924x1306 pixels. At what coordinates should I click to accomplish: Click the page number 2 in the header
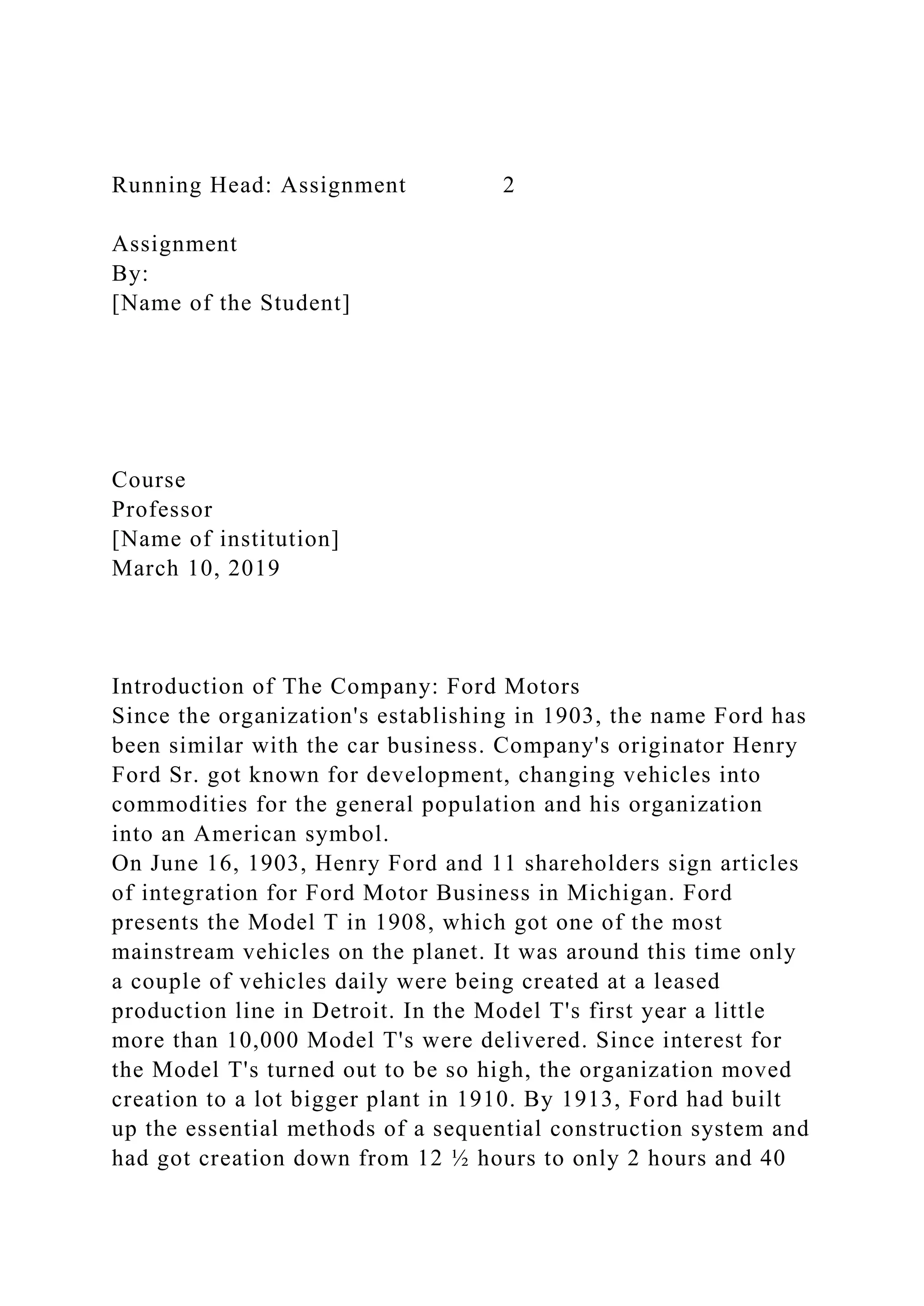508,185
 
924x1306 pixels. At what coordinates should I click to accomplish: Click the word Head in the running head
240,185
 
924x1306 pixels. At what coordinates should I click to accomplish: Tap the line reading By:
130,274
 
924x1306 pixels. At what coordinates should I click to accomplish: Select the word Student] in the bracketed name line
305,303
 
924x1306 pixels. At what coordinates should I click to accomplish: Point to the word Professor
162,510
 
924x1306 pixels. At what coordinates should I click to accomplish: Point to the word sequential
488,1130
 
